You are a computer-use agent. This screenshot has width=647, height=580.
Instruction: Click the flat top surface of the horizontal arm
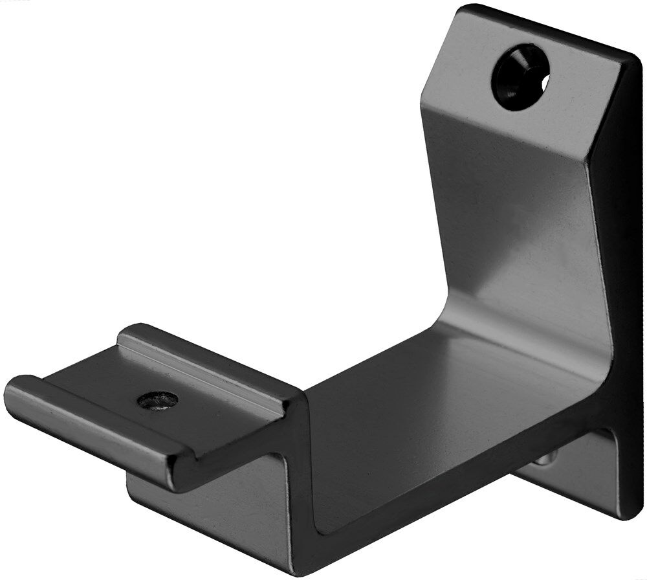[414, 414]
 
